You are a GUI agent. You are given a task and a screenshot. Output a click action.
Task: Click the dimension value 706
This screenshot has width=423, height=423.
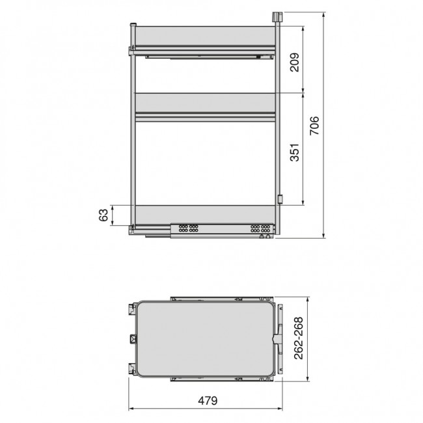314,126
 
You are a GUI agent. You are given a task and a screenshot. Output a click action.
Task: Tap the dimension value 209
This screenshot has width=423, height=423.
295,62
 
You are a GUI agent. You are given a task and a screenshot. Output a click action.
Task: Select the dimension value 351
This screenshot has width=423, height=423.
295,152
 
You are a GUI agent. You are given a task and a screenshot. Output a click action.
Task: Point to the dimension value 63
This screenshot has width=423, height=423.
103,215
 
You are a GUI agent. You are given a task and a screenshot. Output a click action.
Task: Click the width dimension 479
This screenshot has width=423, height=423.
208,401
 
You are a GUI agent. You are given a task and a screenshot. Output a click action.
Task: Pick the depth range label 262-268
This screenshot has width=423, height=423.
298,338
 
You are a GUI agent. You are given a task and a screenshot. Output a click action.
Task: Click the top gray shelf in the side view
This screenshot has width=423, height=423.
205,36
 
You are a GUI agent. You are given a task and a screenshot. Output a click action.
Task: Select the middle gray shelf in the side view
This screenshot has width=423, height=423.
205,103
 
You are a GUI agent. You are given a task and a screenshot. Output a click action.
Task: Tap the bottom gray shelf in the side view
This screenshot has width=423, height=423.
205,215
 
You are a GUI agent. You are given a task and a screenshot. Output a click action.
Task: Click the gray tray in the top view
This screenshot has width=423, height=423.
205,339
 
